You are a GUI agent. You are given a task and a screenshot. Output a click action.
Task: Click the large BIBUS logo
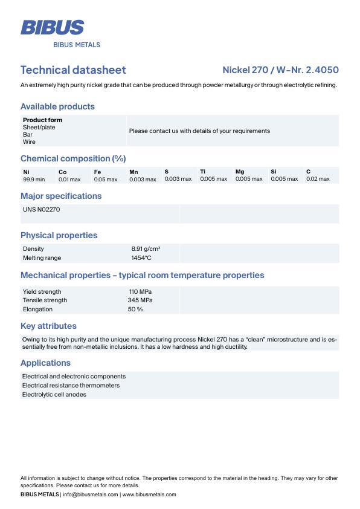tap(52, 27)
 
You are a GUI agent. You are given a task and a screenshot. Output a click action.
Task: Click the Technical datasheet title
tap(73, 70)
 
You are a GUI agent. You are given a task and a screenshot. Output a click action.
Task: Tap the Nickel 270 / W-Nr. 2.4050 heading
tap(280, 70)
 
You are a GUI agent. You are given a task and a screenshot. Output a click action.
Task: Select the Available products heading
tap(57, 106)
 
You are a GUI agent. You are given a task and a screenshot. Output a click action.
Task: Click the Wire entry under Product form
tap(29, 142)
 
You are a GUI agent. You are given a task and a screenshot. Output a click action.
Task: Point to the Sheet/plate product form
tap(39, 128)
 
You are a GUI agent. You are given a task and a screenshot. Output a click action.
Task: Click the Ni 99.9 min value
tap(34, 180)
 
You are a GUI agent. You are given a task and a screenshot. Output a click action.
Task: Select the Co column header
tap(62, 172)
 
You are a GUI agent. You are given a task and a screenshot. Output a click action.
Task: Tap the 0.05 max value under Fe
tap(105, 180)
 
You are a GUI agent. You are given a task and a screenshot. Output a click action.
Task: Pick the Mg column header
tap(240, 172)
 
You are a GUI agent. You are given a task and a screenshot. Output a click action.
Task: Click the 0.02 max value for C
tap(318, 179)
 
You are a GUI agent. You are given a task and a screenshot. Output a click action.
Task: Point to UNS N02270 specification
tap(41, 210)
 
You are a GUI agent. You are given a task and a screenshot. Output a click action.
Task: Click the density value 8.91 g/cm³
tap(146, 249)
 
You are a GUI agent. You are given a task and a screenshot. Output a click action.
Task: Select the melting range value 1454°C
tap(141, 258)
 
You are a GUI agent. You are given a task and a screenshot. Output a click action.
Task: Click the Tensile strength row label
tap(45, 300)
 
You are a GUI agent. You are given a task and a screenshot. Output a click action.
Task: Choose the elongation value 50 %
tap(135, 310)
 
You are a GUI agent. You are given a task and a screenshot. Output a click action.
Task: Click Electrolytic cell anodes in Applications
tap(54, 395)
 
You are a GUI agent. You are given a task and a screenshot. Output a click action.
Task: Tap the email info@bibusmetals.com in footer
tap(91, 494)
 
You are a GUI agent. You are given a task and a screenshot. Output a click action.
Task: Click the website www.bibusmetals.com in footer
tap(149, 494)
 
